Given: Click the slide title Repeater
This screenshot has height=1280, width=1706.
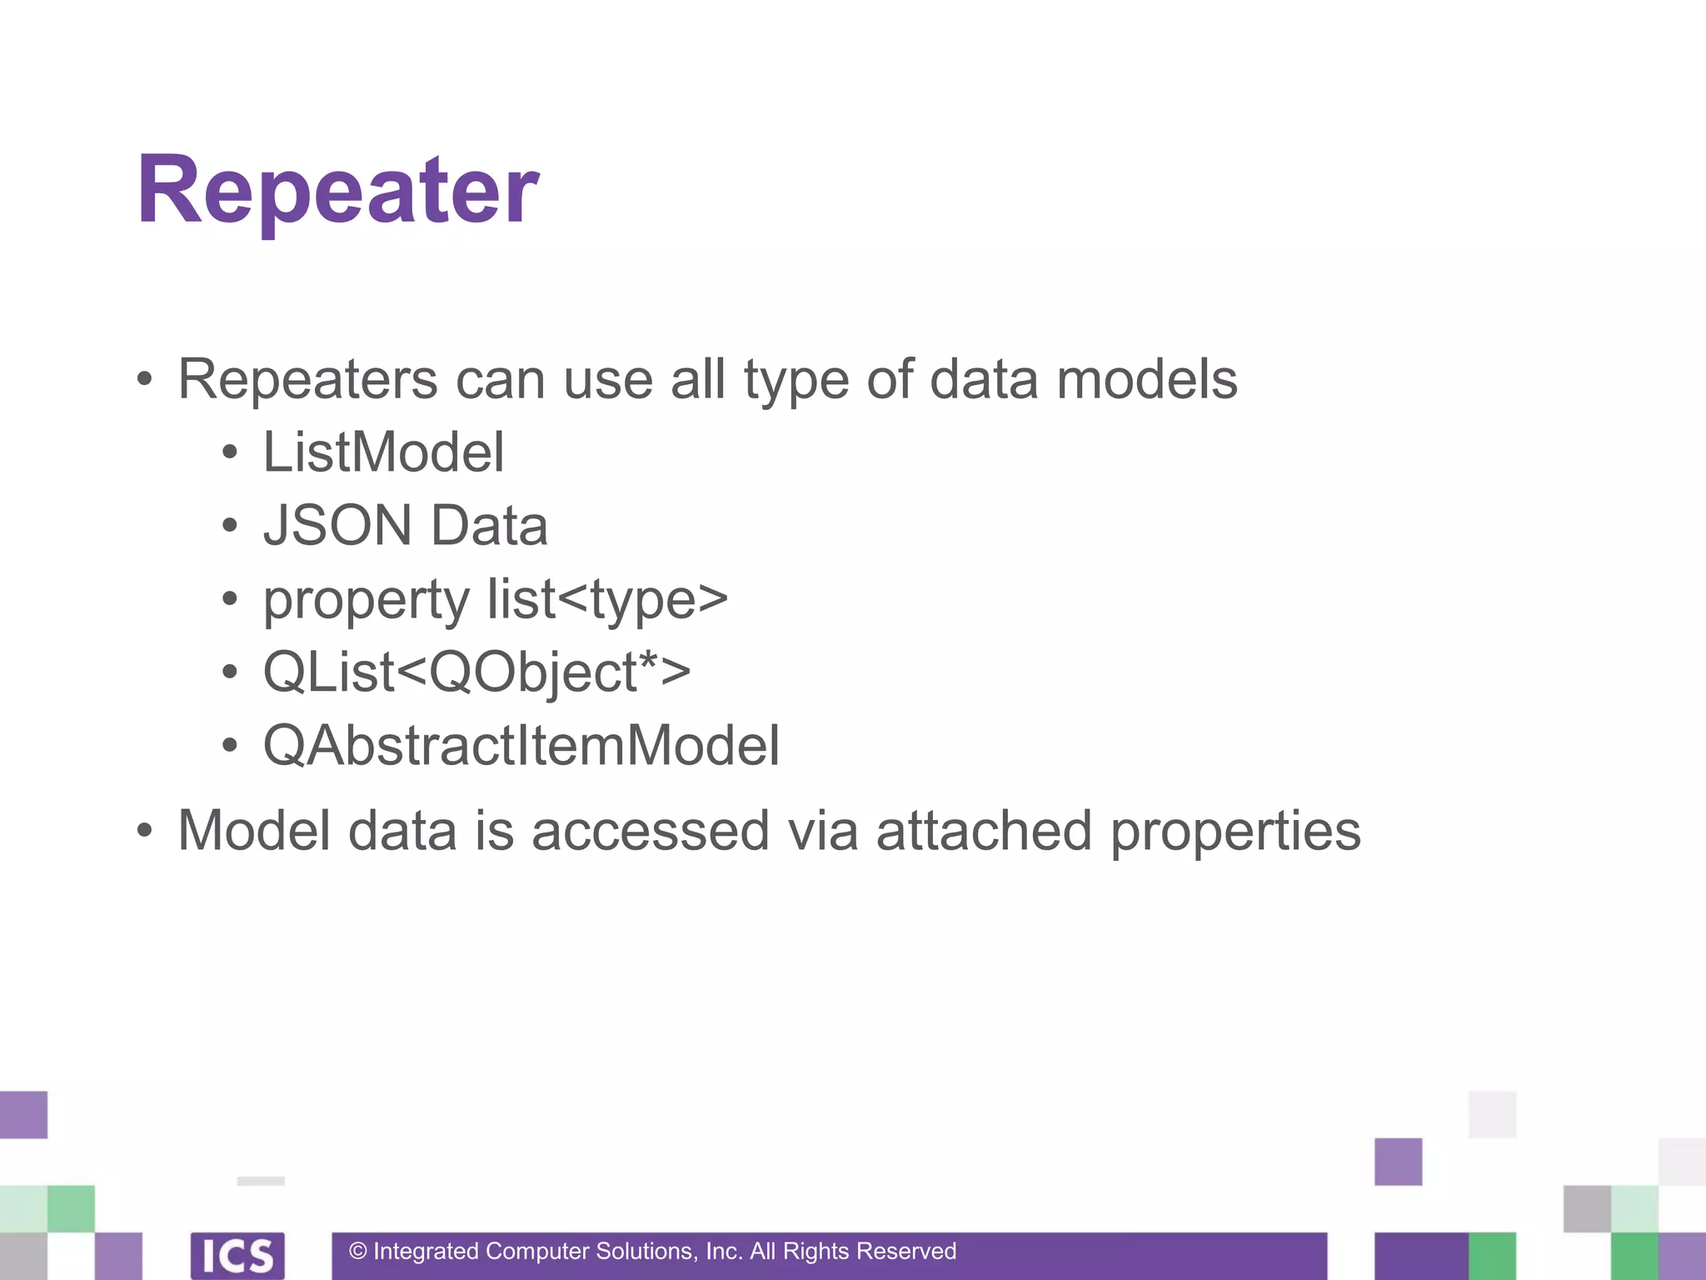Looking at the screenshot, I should pos(338,192).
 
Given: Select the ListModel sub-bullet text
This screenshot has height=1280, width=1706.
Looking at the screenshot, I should pos(383,452).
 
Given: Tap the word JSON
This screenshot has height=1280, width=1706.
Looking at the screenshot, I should pos(337,526).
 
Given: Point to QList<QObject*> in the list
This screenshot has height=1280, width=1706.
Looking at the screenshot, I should pos(476,672).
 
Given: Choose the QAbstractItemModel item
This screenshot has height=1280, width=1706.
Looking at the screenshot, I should pos(521,745).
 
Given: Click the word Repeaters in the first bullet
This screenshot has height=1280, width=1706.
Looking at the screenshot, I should pos(307,380).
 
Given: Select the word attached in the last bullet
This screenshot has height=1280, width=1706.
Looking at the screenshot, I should pos(984,831).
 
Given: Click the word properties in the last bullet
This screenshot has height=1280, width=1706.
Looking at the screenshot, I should pos(1235,832).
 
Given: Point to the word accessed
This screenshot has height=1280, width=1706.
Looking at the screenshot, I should pos(650,831).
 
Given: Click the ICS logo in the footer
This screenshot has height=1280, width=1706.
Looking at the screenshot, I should pos(237,1255).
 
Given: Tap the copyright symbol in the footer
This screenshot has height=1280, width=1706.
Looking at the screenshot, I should pos(358,1252).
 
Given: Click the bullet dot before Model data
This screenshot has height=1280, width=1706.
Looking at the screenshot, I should pos(146,831).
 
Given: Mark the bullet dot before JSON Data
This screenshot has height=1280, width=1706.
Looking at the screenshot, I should pos(230,527).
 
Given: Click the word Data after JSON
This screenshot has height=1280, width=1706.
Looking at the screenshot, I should pos(489,526).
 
